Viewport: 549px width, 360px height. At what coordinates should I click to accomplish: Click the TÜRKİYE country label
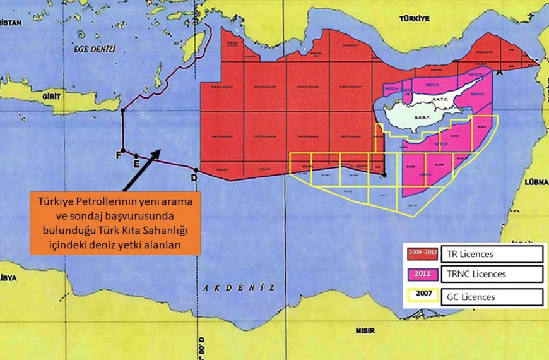point(413,20)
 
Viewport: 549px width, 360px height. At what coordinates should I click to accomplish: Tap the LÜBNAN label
point(535,182)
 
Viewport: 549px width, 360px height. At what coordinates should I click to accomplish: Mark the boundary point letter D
point(193,178)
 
